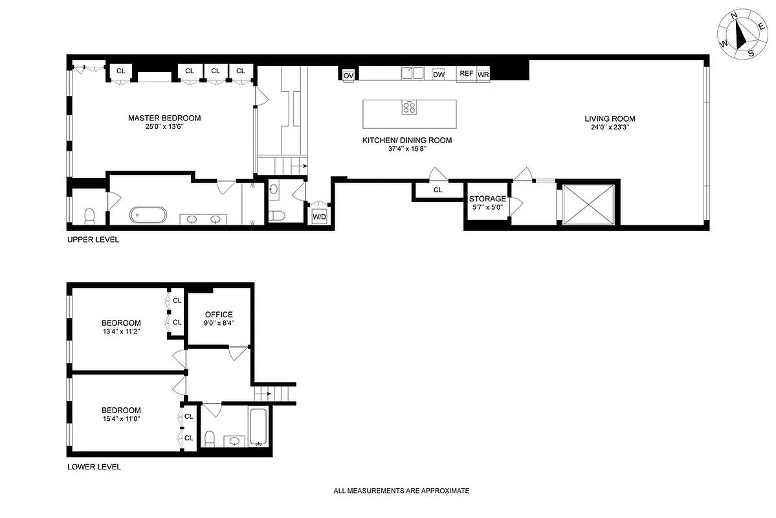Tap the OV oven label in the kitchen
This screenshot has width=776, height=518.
coord(348,75)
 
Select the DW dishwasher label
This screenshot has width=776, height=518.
coord(439,74)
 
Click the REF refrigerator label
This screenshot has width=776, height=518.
coord(466,74)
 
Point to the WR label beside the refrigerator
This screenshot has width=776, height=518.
coord(483,75)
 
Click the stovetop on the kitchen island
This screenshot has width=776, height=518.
coord(410,107)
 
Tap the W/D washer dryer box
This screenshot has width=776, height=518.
coord(320,217)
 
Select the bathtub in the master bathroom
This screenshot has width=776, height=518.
coord(148,215)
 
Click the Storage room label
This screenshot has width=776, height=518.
coord(487,199)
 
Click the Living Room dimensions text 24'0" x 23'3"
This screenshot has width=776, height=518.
coord(610,128)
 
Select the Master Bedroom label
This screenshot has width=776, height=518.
coord(164,118)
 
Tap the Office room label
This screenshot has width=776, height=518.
coord(219,315)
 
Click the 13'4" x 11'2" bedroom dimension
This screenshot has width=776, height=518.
coord(121,332)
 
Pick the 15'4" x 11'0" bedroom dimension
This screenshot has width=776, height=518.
coord(121,418)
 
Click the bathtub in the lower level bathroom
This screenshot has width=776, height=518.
coord(258,427)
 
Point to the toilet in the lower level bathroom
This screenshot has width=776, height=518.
coord(209,439)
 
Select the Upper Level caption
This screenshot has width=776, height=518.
coord(93,240)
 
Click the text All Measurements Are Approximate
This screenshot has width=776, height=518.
coord(401,491)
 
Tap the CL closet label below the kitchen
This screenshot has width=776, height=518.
coord(438,190)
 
